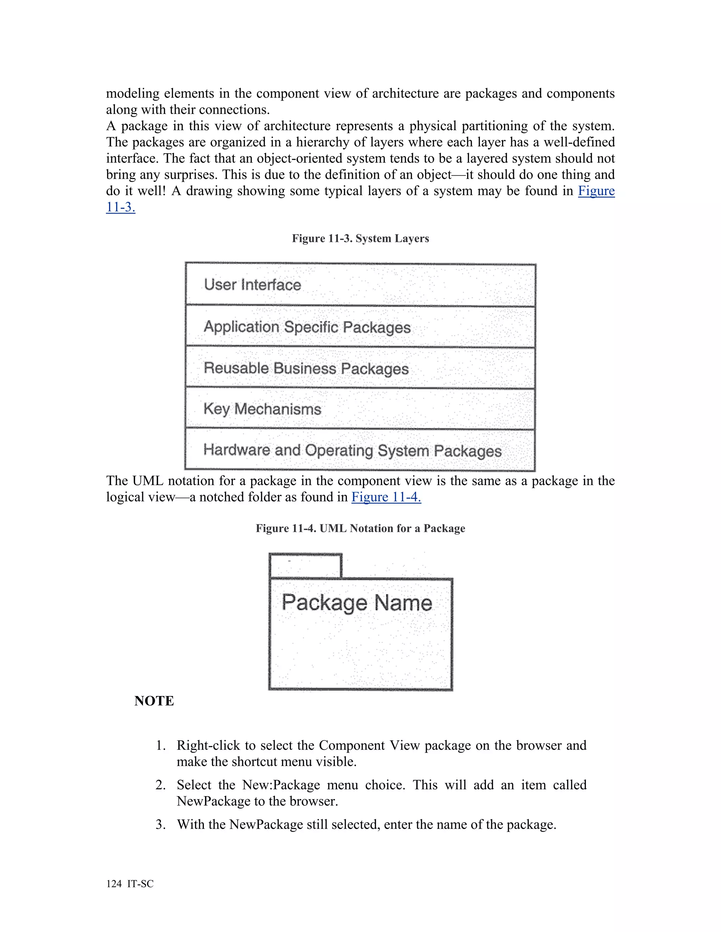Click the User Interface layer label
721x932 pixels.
[x=252, y=285]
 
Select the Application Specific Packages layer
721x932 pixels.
[x=307, y=327]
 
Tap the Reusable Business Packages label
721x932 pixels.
[x=306, y=368]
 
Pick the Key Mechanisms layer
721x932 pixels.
[x=262, y=409]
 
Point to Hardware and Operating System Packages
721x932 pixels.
[x=352, y=450]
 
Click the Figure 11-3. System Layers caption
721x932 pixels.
[x=360, y=238]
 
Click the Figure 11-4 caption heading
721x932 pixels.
[x=360, y=528]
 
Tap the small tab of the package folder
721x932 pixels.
[x=305, y=566]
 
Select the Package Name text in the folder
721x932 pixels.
[x=357, y=602]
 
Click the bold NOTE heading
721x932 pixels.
[x=154, y=701]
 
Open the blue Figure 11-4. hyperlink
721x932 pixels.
[x=386, y=497]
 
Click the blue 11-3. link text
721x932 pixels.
[x=120, y=208]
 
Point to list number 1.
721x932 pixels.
[x=160, y=746]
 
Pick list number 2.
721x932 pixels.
[x=160, y=785]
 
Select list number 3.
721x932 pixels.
[x=160, y=824]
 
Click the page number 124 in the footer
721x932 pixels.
[x=114, y=884]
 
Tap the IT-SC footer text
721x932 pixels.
[x=140, y=884]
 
